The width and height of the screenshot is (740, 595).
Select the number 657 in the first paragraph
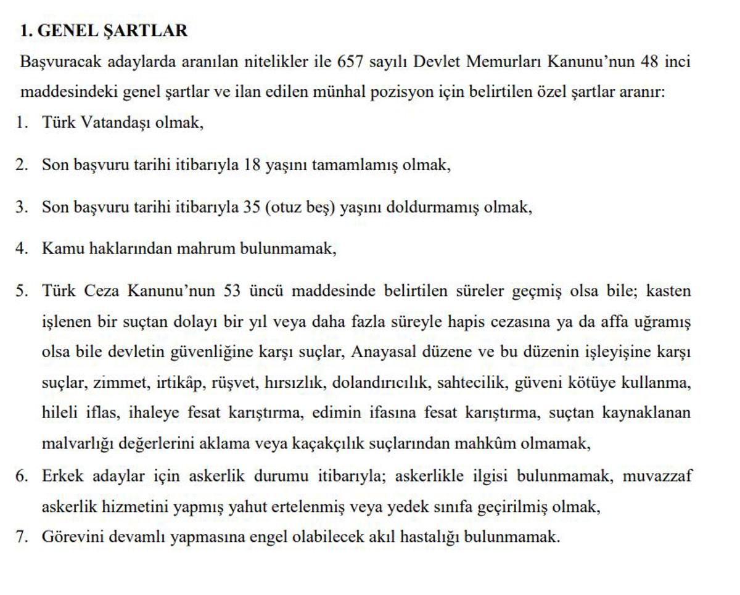pos(351,62)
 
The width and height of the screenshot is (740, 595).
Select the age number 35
pos(252,207)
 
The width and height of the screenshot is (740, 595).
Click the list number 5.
pos(23,290)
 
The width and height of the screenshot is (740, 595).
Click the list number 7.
pos(23,536)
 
